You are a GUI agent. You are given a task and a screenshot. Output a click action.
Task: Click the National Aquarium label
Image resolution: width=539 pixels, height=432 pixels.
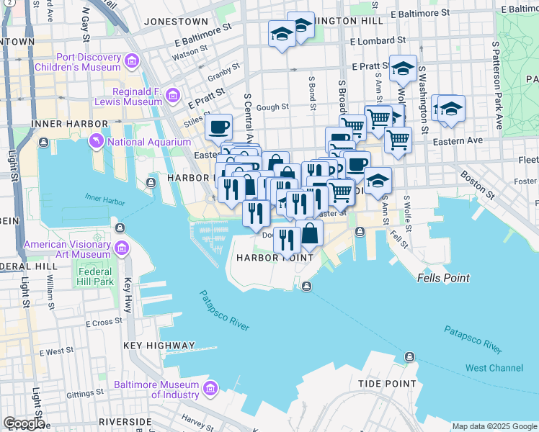(x=149, y=142)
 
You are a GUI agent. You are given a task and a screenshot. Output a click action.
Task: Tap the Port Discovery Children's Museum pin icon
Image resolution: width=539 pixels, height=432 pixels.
(x=132, y=62)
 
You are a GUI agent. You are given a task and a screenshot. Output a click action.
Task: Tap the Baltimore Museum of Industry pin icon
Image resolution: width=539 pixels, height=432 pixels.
(x=210, y=390)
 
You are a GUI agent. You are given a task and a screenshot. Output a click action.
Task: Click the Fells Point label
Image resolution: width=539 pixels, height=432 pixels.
(x=443, y=278)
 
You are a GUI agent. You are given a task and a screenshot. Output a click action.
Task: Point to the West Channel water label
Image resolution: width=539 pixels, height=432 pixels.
(x=494, y=368)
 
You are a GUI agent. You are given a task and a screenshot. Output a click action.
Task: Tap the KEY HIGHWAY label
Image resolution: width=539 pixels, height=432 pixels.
(x=159, y=346)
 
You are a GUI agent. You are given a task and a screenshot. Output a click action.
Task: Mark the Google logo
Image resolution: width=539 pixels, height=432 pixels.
(x=24, y=423)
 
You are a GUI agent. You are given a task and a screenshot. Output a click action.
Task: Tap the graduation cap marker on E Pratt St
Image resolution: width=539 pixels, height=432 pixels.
(x=403, y=69)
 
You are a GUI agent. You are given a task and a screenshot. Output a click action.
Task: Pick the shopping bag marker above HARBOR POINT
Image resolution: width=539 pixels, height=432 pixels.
(x=311, y=233)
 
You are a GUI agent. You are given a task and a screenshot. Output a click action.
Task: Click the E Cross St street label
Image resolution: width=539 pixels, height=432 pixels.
(x=104, y=323)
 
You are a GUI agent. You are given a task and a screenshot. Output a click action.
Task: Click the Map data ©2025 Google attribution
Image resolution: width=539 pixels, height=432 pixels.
(x=494, y=426)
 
